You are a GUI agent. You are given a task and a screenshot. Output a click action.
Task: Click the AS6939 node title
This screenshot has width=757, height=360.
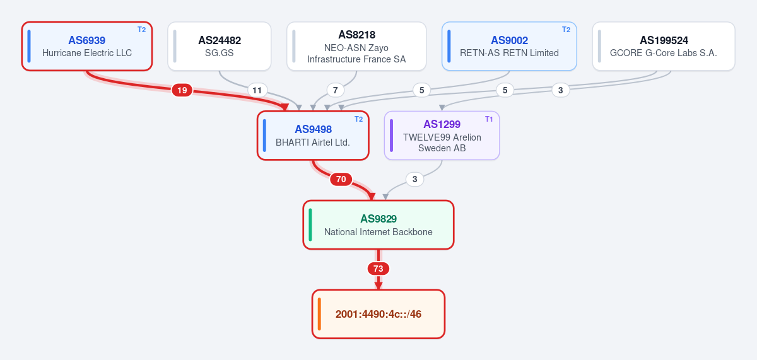click(87, 40)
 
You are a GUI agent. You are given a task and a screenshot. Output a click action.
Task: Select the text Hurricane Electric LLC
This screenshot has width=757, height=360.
click(87, 53)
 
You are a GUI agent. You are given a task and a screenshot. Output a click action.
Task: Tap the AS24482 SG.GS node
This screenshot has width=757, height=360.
click(220, 46)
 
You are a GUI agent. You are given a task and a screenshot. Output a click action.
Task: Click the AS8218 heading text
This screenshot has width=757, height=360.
click(356, 35)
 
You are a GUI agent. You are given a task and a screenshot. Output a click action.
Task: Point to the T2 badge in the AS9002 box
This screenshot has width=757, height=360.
click(566, 30)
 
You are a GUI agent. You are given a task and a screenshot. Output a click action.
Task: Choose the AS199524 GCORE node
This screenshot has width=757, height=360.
click(664, 46)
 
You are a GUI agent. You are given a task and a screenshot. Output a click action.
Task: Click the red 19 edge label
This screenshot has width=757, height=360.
click(182, 90)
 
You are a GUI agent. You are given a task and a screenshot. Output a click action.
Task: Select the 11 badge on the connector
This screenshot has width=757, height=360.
click(257, 90)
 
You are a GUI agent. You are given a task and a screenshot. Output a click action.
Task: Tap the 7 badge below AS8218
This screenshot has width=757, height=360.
click(335, 90)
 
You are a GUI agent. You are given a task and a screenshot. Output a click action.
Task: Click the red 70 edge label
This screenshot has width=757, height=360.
click(341, 179)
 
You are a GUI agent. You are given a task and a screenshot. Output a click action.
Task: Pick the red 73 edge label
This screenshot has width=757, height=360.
click(378, 269)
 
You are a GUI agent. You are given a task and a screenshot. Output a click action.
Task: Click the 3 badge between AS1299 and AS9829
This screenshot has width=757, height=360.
click(414, 179)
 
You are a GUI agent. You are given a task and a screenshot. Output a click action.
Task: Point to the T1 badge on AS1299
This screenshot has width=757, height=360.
click(489, 119)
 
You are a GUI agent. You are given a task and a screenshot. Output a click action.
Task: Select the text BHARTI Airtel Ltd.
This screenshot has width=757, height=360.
click(313, 142)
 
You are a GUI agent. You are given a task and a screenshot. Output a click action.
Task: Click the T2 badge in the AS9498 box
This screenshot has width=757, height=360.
click(358, 119)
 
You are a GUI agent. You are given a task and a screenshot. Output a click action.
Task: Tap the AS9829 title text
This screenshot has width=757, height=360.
click(378, 219)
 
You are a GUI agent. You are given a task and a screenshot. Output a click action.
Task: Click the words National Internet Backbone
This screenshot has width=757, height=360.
click(378, 232)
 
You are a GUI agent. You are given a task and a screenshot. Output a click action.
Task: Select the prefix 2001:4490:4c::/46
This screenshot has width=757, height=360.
click(378, 314)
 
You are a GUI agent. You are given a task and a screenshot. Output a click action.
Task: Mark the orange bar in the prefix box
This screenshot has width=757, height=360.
click(319, 314)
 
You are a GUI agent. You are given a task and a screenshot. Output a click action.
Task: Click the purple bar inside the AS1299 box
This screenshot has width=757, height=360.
click(391, 136)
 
